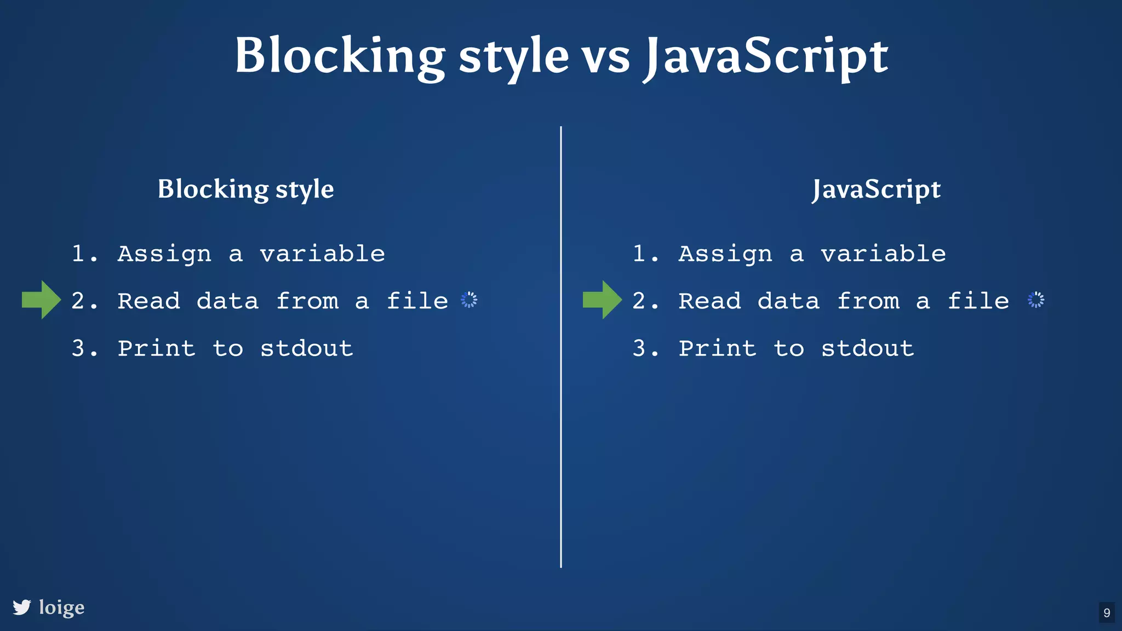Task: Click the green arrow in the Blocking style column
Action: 41,300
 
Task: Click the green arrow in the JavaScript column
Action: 602,300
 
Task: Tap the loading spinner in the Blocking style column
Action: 469,300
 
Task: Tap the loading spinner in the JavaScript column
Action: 1036,300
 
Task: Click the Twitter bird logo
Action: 22,607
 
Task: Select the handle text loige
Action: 62,607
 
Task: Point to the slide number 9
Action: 1107,612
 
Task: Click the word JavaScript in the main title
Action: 766,56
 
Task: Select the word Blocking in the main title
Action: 340,56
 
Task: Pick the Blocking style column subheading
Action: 246,189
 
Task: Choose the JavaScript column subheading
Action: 877,189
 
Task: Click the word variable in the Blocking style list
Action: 322,254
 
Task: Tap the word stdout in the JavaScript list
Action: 868,348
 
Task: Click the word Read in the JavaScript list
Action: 710,301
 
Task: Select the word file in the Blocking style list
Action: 417,301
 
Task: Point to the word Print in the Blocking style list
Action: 157,348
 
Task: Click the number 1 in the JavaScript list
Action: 639,254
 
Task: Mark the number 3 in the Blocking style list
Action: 78,348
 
